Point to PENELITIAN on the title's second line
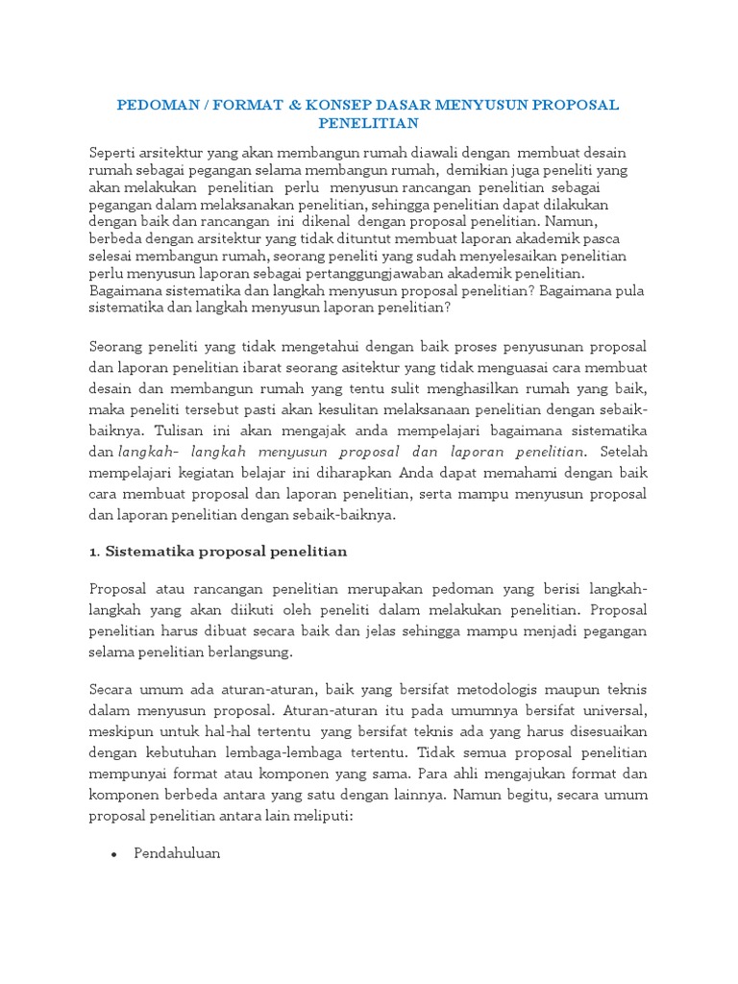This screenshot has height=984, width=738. (369, 123)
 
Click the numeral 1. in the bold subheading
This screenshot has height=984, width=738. (94, 552)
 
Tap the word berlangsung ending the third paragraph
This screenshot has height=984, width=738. (245, 652)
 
